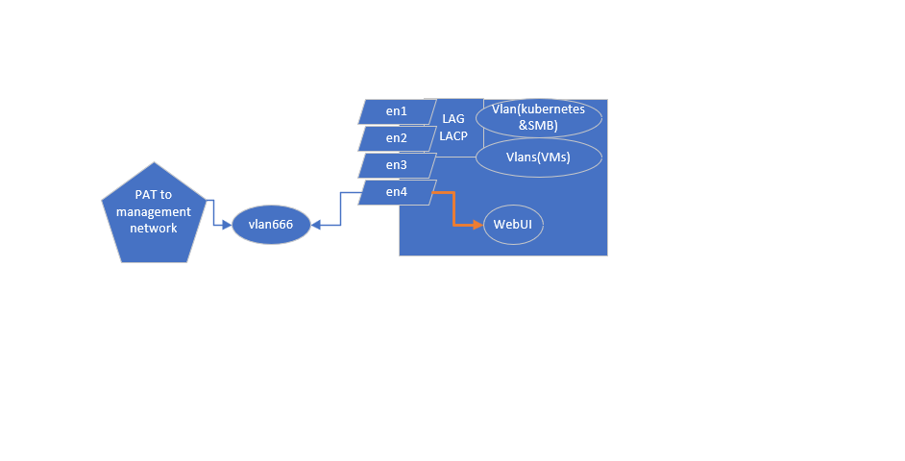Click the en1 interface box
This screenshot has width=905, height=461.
(x=397, y=111)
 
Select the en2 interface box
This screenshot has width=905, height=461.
(x=397, y=138)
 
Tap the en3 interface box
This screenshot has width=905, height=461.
(x=397, y=165)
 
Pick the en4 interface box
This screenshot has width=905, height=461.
(x=397, y=192)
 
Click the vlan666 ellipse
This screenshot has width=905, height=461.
(x=271, y=226)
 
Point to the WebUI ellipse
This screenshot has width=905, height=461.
(x=513, y=225)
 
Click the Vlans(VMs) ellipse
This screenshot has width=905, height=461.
(x=538, y=158)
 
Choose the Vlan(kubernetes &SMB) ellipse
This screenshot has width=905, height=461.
(x=538, y=117)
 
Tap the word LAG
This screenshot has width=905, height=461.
(x=453, y=118)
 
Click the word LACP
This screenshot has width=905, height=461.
(x=453, y=135)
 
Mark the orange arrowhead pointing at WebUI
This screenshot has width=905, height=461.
(x=477, y=225)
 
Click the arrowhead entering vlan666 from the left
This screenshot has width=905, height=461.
(x=230, y=226)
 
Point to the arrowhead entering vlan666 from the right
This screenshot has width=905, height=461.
(x=315, y=226)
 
